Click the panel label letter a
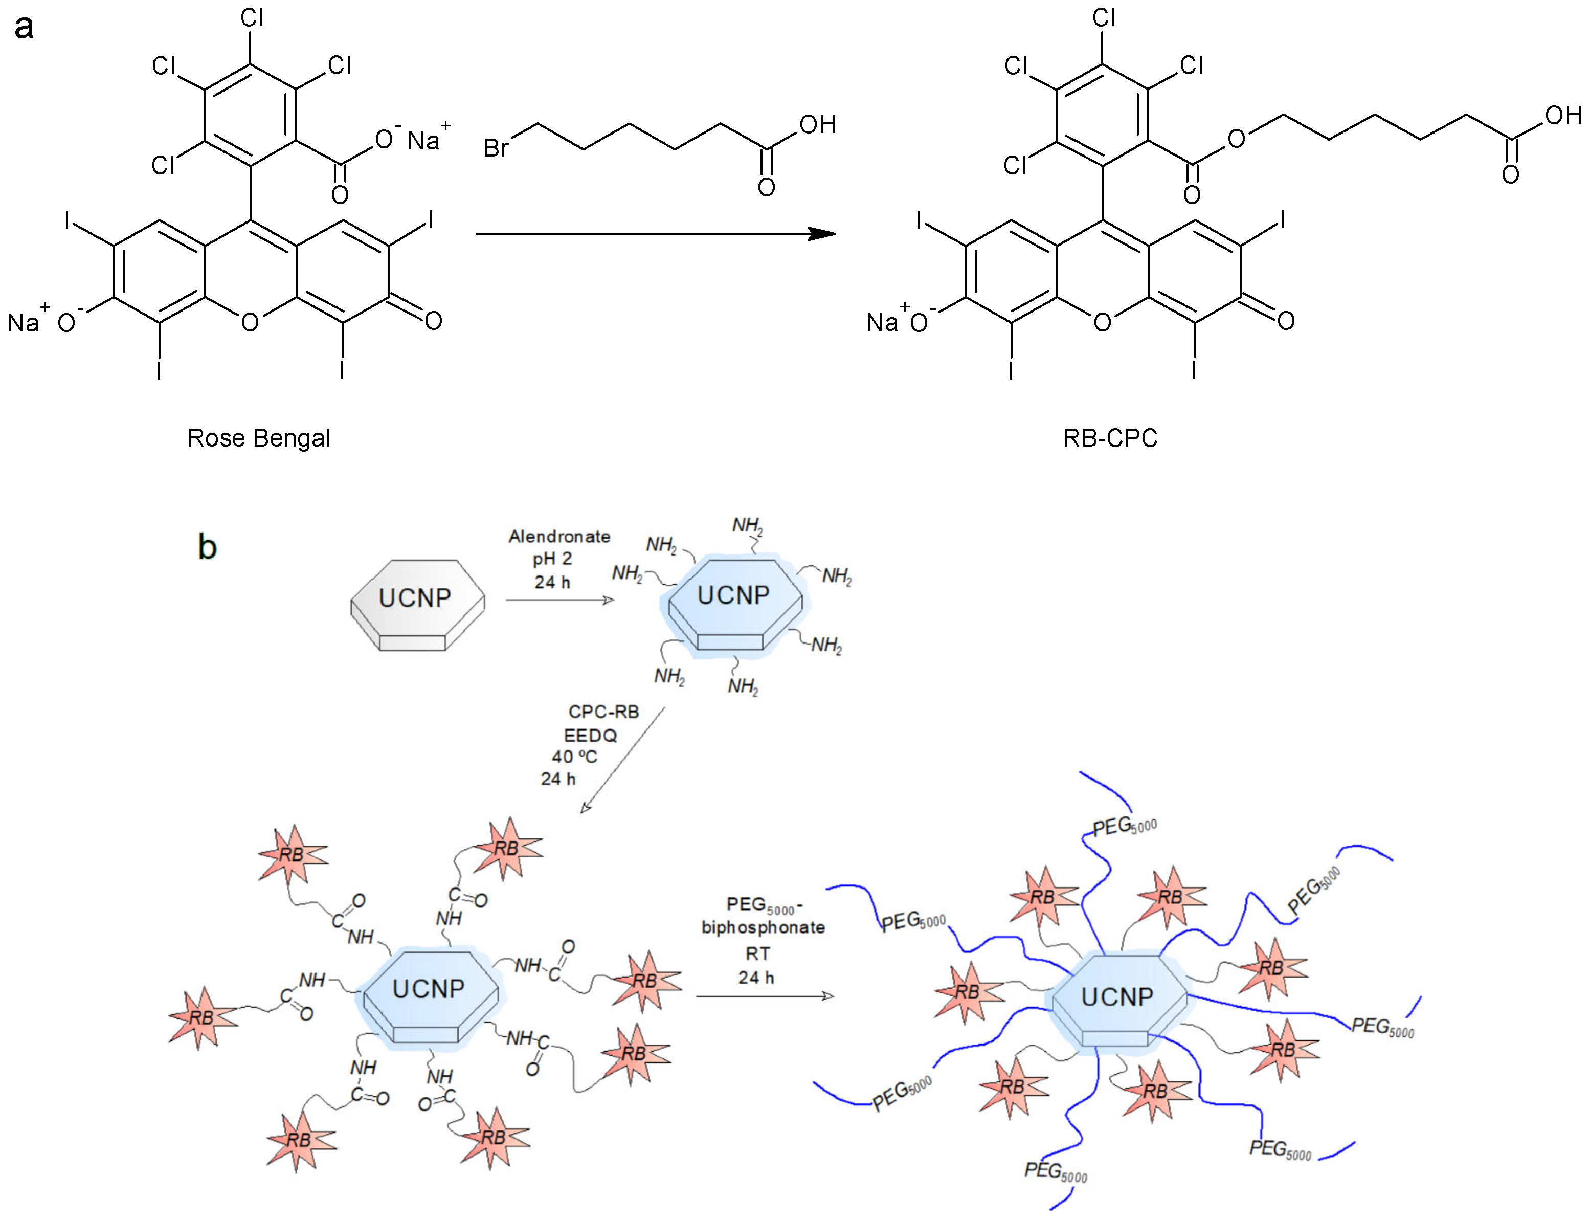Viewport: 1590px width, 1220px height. click(x=24, y=27)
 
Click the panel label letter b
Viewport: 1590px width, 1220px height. click(x=207, y=547)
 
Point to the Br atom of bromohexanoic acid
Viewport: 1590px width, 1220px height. click(x=496, y=148)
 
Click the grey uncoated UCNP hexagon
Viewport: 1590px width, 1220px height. click(x=417, y=604)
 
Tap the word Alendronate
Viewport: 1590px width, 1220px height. click(x=559, y=537)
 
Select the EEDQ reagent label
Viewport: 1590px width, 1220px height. click(x=590, y=736)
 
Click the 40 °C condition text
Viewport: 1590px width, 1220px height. click(x=574, y=757)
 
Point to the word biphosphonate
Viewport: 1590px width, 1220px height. click(x=763, y=927)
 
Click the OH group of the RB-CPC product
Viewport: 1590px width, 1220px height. click(x=1562, y=115)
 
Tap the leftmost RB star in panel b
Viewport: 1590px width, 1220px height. click(x=202, y=1017)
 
